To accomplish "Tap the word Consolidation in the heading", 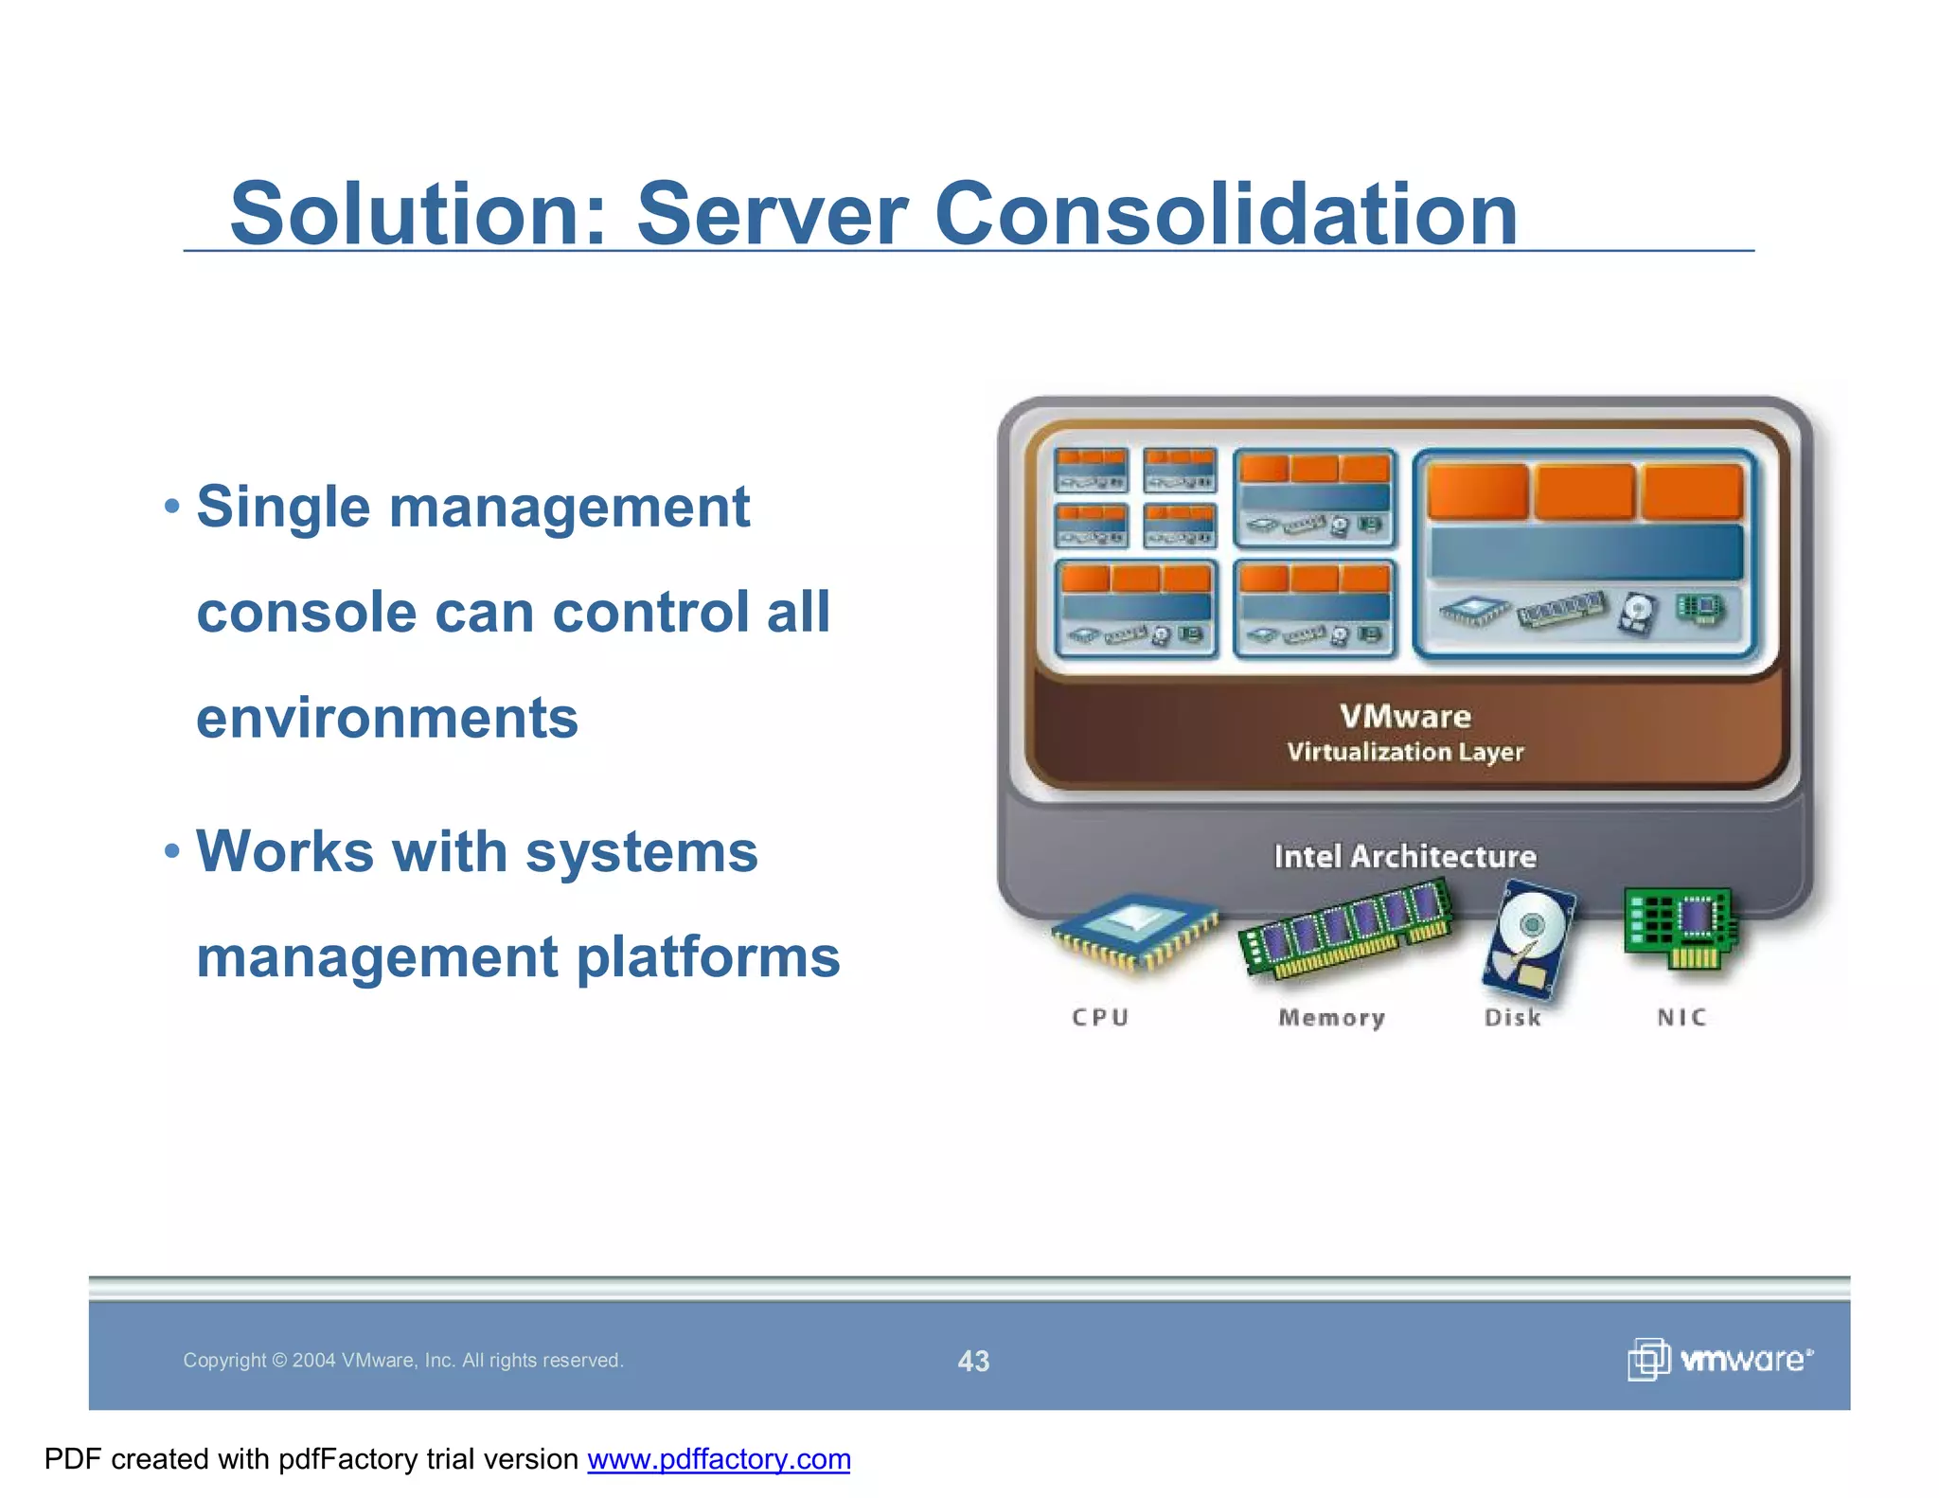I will (x=1226, y=214).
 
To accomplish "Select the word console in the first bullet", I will (x=307, y=612).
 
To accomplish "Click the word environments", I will (x=386, y=718).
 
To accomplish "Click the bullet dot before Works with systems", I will (x=171, y=849).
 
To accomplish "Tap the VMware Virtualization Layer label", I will (x=1405, y=732).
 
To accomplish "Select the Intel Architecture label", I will (x=1405, y=856).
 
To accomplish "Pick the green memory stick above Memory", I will (x=1344, y=928).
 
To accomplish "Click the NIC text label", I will (x=1681, y=1018).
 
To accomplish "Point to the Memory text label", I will (x=1331, y=1018).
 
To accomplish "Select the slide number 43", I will (x=973, y=1361).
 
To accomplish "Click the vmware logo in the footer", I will (x=1719, y=1360).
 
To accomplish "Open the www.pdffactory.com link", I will (x=719, y=1459).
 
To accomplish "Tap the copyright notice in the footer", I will (x=403, y=1361).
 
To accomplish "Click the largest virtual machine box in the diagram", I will (x=1585, y=554).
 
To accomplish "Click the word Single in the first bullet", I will (x=283, y=507).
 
